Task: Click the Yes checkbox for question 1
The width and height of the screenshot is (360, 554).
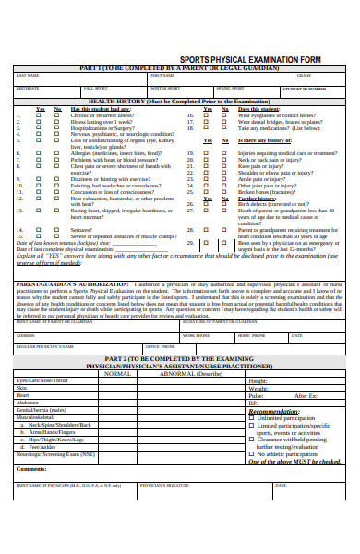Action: click(39, 115)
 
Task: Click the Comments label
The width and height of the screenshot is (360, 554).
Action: click(31, 469)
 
